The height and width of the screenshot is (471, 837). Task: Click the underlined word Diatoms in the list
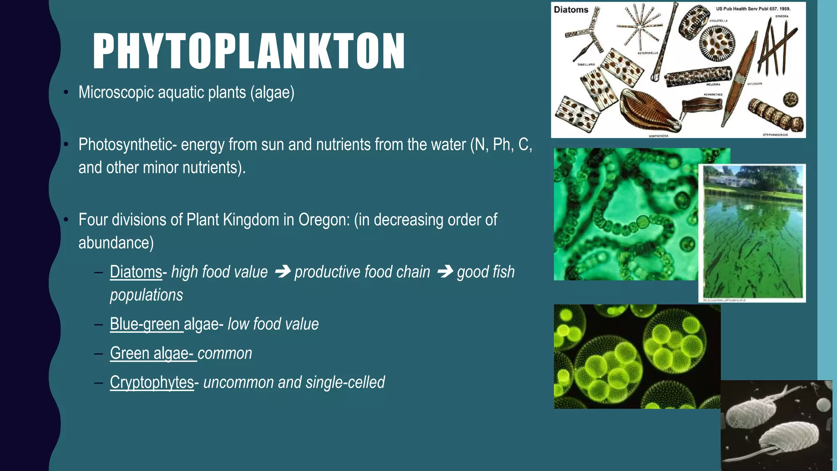(136, 272)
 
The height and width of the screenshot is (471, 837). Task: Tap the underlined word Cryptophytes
(152, 382)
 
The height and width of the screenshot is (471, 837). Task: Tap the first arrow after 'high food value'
(282, 271)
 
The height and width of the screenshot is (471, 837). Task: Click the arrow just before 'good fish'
(445, 271)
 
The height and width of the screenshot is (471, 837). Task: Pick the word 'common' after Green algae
(225, 353)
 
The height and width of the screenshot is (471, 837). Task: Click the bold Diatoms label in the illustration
(571, 10)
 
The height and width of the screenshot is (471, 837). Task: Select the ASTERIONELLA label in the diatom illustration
(648, 53)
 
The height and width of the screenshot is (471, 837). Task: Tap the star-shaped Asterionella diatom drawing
(639, 26)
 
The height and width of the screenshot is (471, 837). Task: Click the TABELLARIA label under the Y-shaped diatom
(586, 65)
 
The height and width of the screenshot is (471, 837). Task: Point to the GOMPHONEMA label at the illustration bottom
(658, 136)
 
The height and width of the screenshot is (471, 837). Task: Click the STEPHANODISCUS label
(775, 135)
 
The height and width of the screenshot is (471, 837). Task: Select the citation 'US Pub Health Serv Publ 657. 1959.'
(753, 9)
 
